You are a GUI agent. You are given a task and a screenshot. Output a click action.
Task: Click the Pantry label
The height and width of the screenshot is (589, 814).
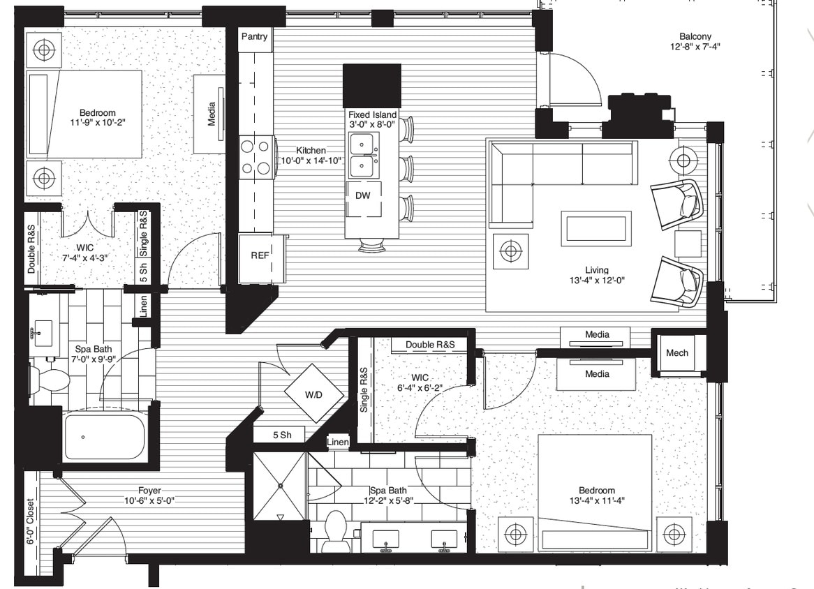coord(254,37)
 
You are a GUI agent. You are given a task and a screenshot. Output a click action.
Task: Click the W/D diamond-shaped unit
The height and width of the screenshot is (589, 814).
coord(313,395)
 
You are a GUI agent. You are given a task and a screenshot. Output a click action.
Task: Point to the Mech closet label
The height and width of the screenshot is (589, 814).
coord(676,353)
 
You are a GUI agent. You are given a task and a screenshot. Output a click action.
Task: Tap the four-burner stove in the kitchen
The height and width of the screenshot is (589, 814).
coord(256,157)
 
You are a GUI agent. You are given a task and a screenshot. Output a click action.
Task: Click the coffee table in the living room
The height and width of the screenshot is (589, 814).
coord(596,228)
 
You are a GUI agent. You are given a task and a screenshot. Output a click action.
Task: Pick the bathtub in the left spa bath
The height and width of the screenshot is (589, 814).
coord(104,437)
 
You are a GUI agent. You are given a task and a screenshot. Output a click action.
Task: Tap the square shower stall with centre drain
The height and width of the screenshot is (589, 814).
coord(280,486)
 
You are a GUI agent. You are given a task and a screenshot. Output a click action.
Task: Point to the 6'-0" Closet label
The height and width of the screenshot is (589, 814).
coord(31,521)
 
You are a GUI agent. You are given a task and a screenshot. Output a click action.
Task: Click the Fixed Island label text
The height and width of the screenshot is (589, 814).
coord(373,115)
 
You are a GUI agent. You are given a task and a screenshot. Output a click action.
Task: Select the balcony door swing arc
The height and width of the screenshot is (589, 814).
coord(576,80)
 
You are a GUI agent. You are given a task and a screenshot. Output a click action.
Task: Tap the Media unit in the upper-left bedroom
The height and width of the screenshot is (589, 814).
coord(209,114)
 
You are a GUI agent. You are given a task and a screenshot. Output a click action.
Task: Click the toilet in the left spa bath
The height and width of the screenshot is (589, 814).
coord(49,380)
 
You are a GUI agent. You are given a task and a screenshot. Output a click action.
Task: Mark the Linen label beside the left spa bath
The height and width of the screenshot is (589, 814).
coord(143,307)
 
